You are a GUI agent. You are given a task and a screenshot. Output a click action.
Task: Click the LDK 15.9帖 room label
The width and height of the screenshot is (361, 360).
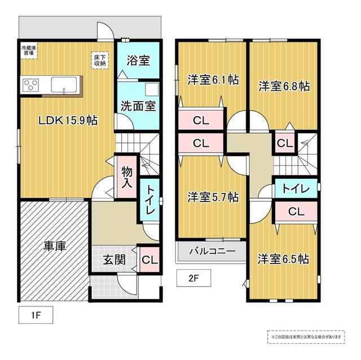tap(68, 120)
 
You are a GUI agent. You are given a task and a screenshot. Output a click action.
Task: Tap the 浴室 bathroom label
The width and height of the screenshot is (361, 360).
tap(138, 60)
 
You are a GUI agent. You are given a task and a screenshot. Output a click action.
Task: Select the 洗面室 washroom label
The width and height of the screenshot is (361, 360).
tap(138, 106)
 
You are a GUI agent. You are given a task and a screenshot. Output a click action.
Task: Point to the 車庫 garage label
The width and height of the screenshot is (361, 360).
tap(55, 246)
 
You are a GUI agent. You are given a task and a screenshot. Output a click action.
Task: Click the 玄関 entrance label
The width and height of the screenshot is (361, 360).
tap(114, 260)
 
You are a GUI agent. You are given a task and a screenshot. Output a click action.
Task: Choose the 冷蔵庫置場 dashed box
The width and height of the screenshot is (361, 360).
tap(29, 50)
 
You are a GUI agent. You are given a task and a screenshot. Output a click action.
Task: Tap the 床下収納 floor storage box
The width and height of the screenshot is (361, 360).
tap(100, 60)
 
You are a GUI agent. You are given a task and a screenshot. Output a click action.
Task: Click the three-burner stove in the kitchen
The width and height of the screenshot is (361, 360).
tap(30, 85)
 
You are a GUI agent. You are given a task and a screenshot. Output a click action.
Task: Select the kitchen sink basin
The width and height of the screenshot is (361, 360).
tap(64, 85)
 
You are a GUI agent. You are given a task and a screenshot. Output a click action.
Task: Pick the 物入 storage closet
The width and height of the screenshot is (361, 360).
tap(127, 177)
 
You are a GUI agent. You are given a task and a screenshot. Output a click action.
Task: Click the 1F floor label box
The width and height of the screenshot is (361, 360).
tap(36, 315)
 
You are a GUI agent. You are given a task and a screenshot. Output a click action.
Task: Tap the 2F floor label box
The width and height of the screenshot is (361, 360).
tap(193, 278)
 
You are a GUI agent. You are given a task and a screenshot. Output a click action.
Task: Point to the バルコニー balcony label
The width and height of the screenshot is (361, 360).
tap(212, 251)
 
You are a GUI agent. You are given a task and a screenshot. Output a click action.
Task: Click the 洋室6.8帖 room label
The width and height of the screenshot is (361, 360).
tap(284, 86)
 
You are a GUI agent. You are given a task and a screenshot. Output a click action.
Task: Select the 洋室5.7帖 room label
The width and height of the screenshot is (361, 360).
tap(213, 197)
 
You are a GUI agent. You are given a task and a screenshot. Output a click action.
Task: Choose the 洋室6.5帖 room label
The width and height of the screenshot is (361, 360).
tap(283, 259)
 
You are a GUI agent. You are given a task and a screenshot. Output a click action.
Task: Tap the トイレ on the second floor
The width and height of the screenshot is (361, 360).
tap(296, 189)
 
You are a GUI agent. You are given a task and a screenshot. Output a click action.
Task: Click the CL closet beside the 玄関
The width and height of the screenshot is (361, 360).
tap(149, 260)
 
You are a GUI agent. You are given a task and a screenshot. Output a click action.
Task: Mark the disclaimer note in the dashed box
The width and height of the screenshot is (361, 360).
tap(306, 337)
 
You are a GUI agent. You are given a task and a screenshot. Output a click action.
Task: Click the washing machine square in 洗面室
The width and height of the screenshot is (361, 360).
tap(152, 89)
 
